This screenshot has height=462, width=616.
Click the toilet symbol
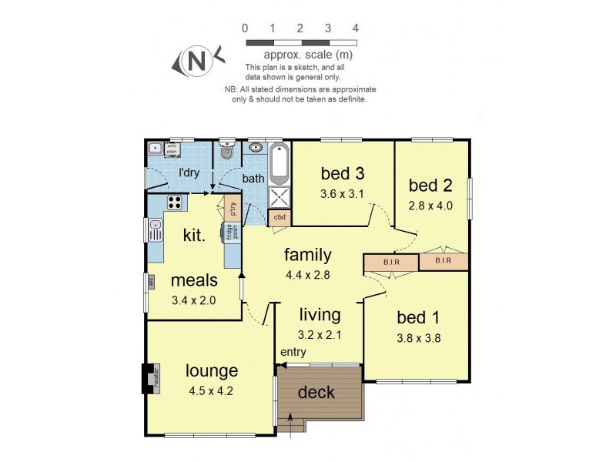click(227, 152)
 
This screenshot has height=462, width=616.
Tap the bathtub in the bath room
click(278, 163)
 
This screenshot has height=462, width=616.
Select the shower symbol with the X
click(279, 197)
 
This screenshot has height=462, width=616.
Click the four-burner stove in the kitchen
click(175, 203)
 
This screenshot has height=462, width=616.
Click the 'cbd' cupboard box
click(280, 218)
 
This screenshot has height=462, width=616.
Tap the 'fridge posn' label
click(230, 232)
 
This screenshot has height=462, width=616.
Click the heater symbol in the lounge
click(152, 378)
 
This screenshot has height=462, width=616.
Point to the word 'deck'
click(316, 393)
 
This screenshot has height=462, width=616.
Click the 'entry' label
click(293, 352)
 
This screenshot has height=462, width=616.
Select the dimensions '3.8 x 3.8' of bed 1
click(419, 337)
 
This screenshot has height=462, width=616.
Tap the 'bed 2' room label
click(430, 186)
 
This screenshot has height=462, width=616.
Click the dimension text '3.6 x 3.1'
click(342, 193)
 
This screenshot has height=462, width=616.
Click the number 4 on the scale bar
click(355, 28)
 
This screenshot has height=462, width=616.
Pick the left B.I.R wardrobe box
click(390, 262)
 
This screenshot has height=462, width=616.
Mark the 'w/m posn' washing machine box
click(172, 149)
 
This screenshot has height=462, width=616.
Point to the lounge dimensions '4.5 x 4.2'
click(210, 390)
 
